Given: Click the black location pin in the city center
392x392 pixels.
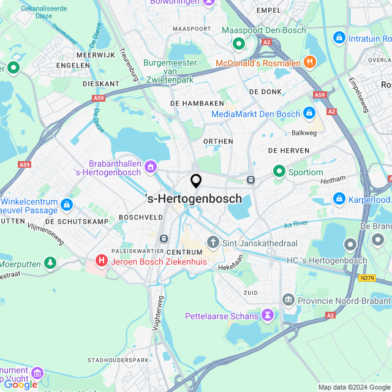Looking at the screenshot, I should tap(196, 181).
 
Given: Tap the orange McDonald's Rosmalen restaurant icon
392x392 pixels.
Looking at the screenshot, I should tap(310, 62).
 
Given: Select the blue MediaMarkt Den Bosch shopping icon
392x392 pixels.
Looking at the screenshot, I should tap(309, 113).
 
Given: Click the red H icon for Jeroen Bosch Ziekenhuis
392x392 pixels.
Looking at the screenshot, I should tap(101, 262).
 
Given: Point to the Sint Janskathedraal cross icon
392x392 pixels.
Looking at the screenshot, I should tap(213, 243).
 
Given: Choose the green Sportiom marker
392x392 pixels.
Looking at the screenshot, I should tap(279, 171).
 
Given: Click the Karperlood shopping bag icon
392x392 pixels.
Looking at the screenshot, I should tap(339, 198).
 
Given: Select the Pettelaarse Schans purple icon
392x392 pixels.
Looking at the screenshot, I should tap(267, 315).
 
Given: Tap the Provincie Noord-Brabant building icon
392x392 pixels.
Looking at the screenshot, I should tap(288, 300).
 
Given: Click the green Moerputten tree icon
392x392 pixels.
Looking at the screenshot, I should tap(49, 263).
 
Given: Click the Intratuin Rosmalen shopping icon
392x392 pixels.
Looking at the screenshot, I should tap(338, 38).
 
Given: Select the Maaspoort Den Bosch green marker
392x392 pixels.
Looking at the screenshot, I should tap(238, 43).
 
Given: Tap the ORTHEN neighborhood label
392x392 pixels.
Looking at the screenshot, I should tap(218, 141).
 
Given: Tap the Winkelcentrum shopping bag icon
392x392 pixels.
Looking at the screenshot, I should tap(67, 205).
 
